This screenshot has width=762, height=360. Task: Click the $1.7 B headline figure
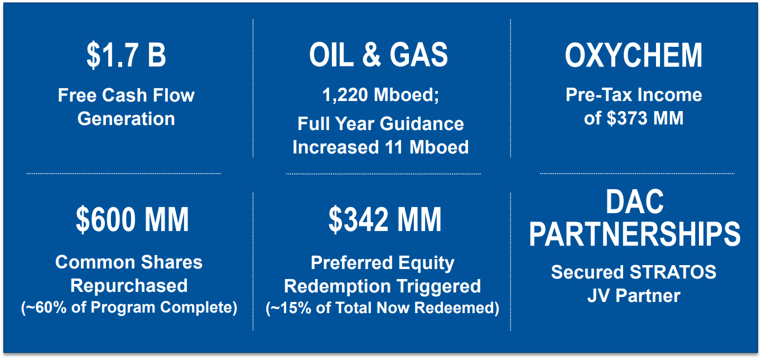(x=126, y=55)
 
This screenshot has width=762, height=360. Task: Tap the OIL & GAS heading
(x=378, y=55)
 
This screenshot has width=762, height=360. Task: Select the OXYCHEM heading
(x=633, y=55)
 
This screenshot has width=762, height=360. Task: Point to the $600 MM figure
(x=132, y=219)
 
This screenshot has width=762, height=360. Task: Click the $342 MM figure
(x=385, y=219)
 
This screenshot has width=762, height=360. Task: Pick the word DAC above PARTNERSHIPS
(x=634, y=202)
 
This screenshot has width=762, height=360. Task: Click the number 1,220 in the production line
(x=345, y=95)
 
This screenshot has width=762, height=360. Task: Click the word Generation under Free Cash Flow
(x=126, y=119)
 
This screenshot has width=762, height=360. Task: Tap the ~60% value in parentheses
(x=46, y=308)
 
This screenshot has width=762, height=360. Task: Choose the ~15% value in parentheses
(x=291, y=308)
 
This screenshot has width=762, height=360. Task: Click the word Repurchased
(x=129, y=286)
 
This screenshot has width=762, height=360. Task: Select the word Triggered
(x=438, y=286)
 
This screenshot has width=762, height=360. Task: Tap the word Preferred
(x=352, y=263)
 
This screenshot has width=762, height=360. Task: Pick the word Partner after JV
(x=648, y=296)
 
